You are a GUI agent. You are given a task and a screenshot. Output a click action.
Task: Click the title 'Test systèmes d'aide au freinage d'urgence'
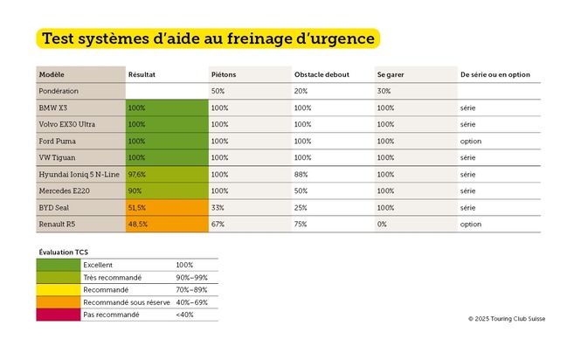click(207, 38)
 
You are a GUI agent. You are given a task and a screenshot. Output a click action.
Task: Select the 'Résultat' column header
click(142, 74)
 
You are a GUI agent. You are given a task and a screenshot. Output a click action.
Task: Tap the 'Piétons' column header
click(224, 74)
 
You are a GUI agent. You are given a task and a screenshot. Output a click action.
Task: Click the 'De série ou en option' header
click(495, 74)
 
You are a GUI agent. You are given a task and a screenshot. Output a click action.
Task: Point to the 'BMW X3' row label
click(55, 107)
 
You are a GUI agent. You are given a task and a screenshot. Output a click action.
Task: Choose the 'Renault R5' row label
click(59, 224)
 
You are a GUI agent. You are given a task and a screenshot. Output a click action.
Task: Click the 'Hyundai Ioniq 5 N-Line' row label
click(77, 174)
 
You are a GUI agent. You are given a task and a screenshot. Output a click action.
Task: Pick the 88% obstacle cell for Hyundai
click(302, 174)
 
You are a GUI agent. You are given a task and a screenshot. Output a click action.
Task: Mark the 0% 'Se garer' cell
click(382, 224)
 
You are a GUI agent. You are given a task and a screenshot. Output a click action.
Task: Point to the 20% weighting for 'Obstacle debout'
click(301, 91)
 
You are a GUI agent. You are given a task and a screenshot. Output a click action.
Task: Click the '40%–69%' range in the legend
click(191, 301)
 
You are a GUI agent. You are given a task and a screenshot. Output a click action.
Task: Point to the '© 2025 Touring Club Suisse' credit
click(506, 319)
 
